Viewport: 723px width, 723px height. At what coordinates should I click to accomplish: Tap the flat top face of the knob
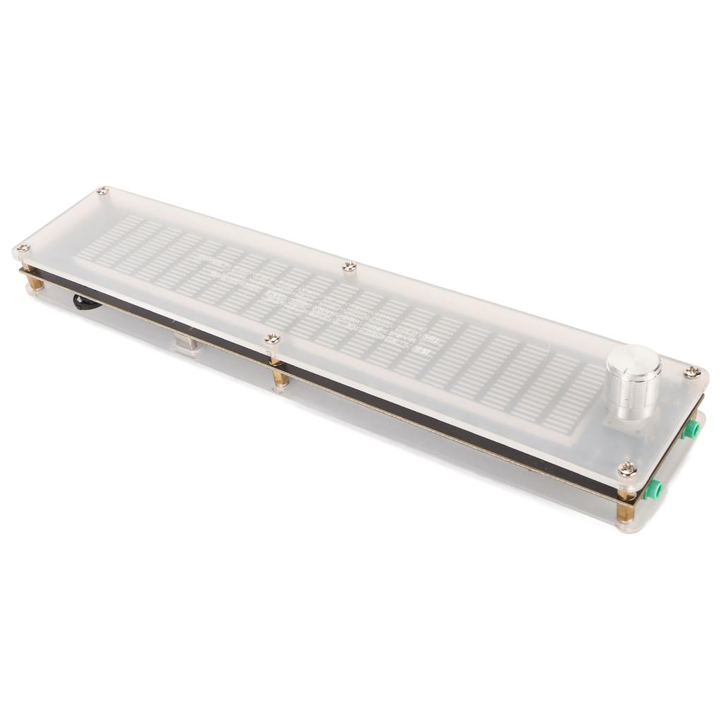pyautogui.click(x=633, y=360)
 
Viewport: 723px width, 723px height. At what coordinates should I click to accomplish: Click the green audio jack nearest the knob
pyautogui.click(x=695, y=427)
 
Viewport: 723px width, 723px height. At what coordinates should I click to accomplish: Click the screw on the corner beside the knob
pyautogui.click(x=693, y=372)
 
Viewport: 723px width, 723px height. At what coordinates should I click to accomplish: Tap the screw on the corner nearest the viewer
pyautogui.click(x=626, y=468)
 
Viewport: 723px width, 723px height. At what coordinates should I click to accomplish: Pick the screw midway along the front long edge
pyautogui.click(x=272, y=340)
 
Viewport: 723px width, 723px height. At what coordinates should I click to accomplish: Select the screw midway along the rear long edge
pyautogui.click(x=349, y=266)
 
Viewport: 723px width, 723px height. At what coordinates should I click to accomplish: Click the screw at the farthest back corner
pyautogui.click(x=103, y=191)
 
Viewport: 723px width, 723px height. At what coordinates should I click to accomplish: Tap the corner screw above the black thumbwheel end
pyautogui.click(x=23, y=248)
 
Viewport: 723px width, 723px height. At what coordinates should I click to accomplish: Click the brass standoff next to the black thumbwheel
pyautogui.click(x=34, y=282)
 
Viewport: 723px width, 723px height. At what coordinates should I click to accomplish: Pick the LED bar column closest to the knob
pyautogui.click(x=579, y=395)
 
